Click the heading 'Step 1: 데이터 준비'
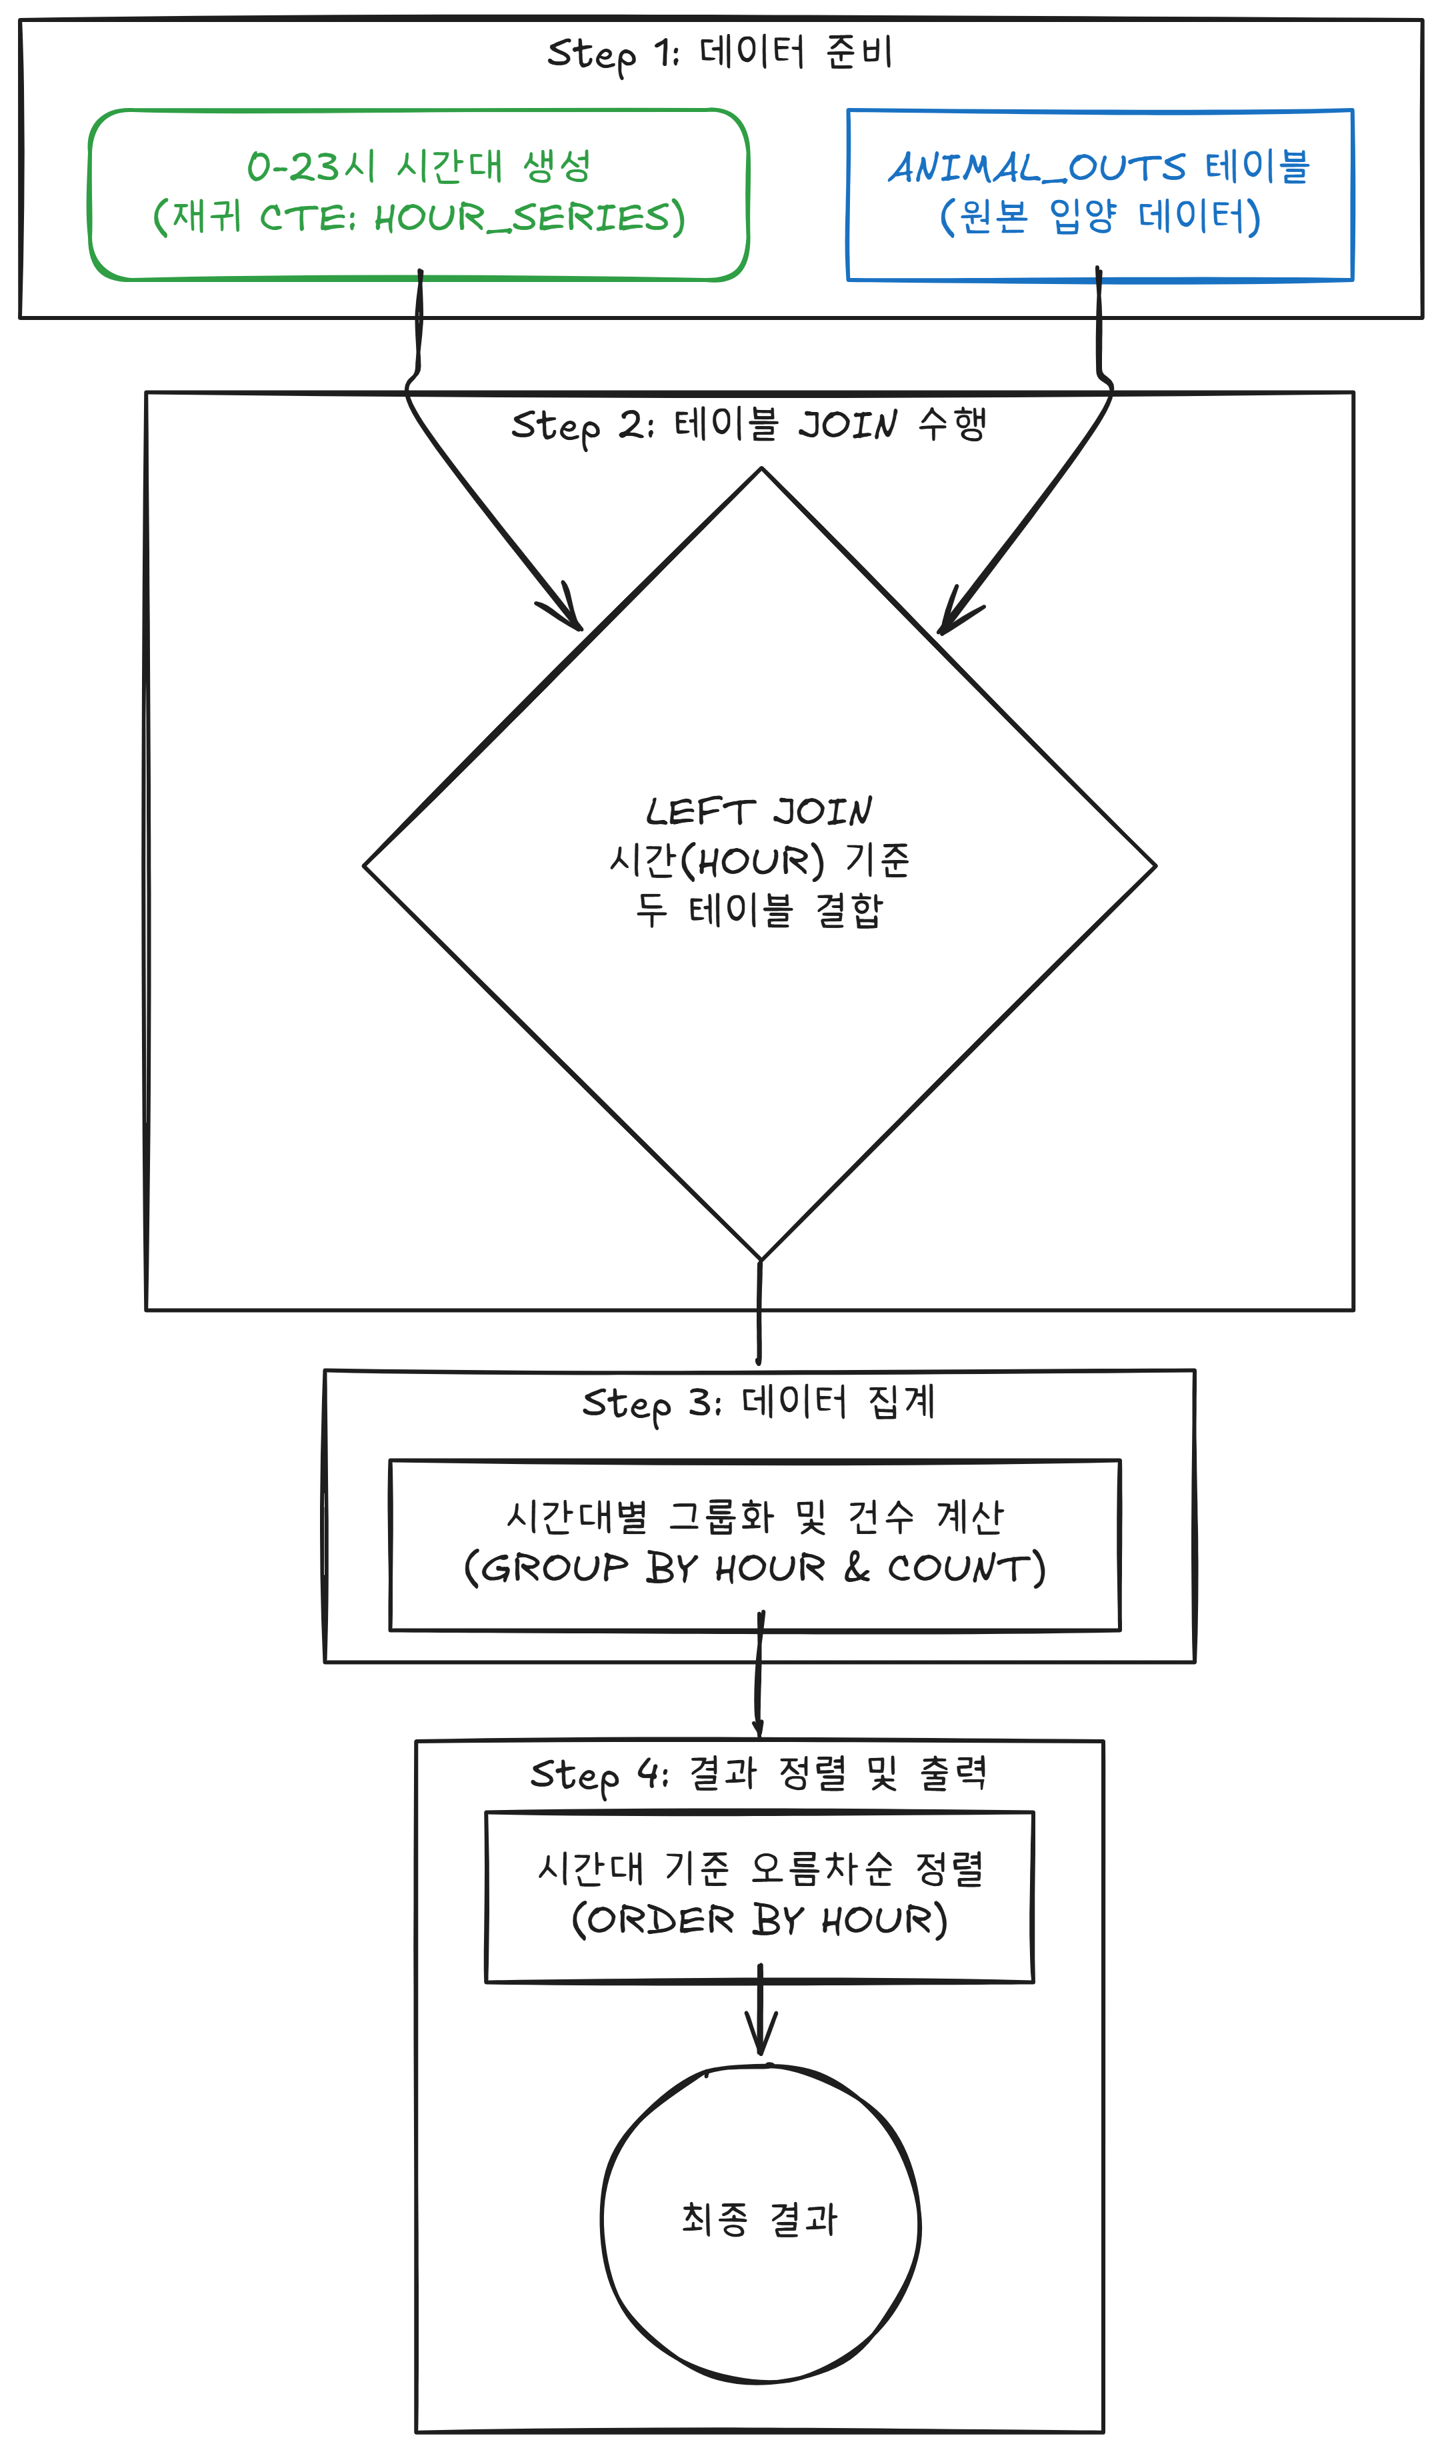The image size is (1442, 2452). [x=720, y=53]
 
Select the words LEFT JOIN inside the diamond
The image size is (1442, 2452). [x=759, y=811]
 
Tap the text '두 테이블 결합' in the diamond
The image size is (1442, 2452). [x=759, y=910]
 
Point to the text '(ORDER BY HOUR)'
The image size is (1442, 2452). [x=759, y=1920]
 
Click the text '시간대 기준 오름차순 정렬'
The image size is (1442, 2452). [x=760, y=1868]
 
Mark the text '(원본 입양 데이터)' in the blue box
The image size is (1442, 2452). [x=1099, y=216]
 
